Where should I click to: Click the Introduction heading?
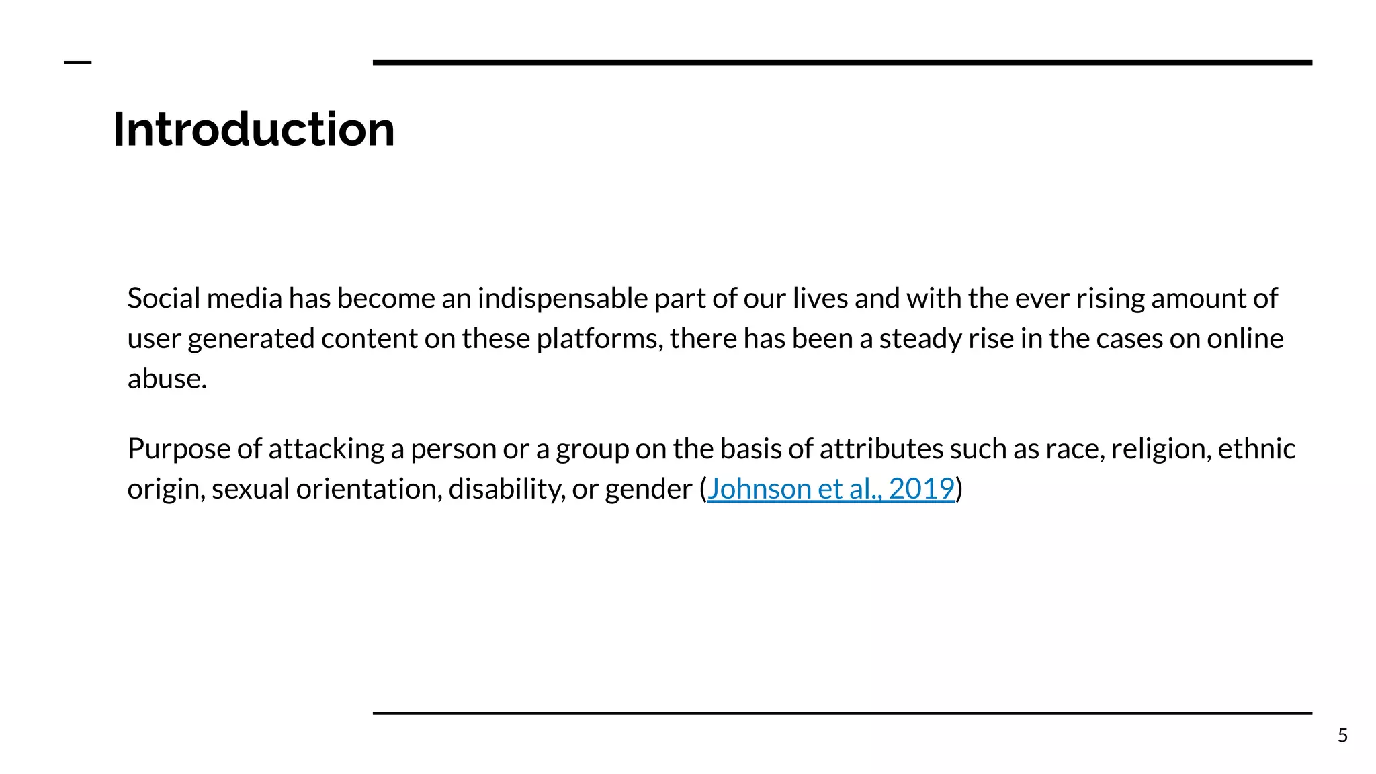point(253,129)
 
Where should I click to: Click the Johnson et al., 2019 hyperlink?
point(830,488)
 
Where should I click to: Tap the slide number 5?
point(1342,736)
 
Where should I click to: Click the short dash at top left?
point(77,62)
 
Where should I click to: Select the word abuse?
point(167,379)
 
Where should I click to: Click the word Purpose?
point(179,449)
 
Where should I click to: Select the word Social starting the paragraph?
point(163,298)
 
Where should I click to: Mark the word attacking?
point(326,449)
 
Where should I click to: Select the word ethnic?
point(1256,449)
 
